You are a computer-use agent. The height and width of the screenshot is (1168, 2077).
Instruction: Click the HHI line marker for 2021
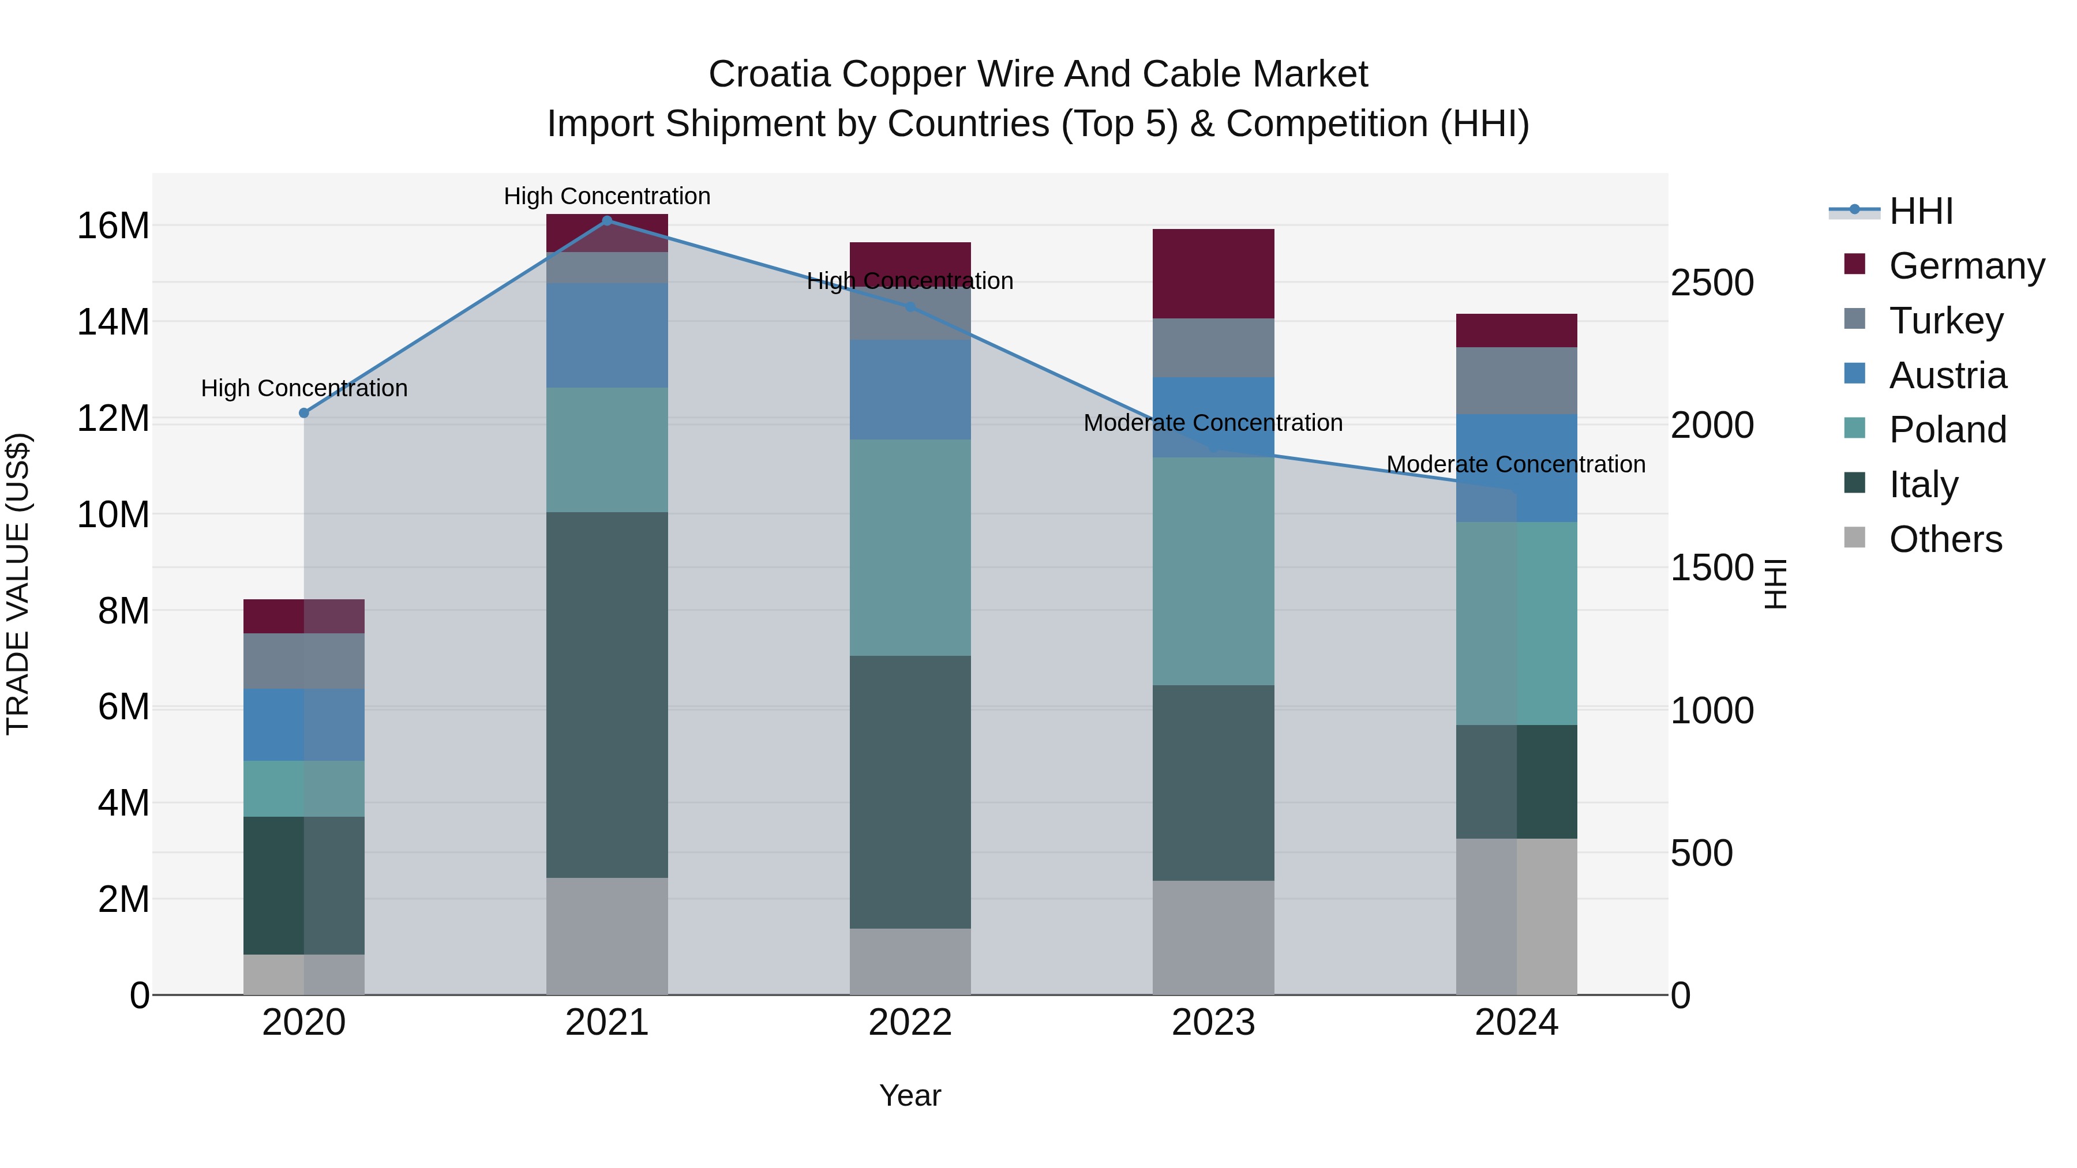607,220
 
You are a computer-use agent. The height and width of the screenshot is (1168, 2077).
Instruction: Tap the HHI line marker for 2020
304,413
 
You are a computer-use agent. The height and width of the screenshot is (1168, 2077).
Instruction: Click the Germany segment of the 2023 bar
1213,273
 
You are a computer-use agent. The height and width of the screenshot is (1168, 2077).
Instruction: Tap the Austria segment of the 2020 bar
304,724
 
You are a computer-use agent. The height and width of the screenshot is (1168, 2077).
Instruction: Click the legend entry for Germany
1967,265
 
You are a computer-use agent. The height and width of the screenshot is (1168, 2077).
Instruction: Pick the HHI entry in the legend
1921,211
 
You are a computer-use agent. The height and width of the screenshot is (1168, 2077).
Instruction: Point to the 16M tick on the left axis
113,225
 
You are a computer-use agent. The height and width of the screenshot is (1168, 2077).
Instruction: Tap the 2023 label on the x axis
1213,1022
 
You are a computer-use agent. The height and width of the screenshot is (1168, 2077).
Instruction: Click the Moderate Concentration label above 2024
1516,464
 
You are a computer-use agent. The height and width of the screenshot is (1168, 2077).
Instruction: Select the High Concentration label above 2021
607,196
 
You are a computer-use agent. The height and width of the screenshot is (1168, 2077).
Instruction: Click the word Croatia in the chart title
769,74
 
